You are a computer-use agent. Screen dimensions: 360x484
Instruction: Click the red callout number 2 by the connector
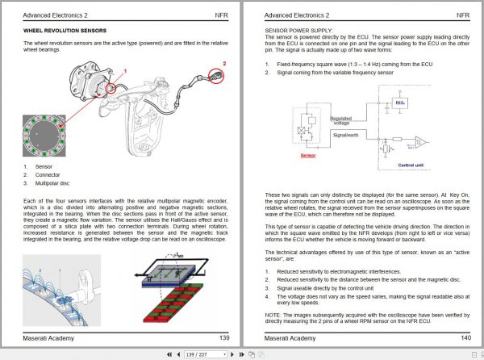(224, 62)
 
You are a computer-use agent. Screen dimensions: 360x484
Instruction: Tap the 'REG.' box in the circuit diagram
(401, 103)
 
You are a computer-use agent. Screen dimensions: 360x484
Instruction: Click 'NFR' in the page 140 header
(462, 15)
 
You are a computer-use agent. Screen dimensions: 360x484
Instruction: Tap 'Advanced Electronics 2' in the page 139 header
(56, 15)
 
